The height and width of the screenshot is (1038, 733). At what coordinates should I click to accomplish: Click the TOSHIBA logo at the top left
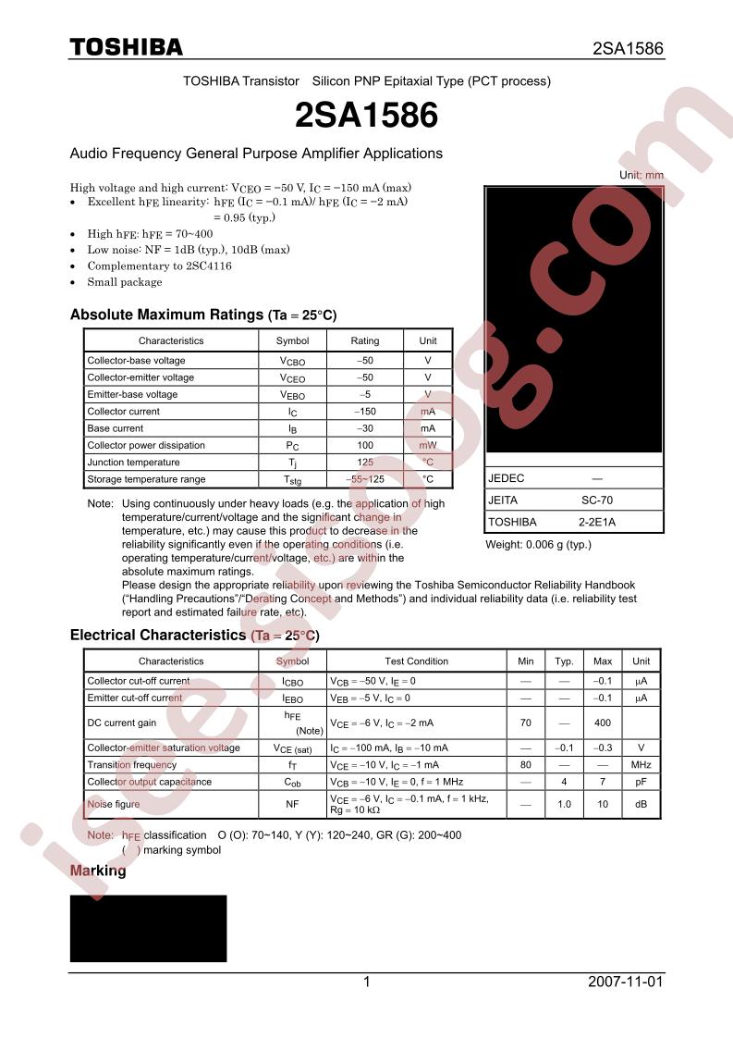tap(127, 47)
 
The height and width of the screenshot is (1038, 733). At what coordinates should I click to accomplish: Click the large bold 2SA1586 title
tap(366, 116)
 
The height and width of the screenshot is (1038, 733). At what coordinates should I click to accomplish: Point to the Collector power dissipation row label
tap(146, 445)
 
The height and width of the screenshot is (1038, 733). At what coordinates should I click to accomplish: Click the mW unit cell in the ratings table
tap(427, 445)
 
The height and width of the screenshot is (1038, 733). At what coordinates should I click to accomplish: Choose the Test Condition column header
tap(416, 661)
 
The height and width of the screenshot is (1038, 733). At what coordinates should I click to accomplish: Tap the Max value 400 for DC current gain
tap(603, 723)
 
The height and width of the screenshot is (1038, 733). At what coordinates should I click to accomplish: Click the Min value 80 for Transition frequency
tap(525, 765)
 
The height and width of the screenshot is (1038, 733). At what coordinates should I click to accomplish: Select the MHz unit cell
tap(641, 765)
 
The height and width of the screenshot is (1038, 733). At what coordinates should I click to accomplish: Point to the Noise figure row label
tap(114, 804)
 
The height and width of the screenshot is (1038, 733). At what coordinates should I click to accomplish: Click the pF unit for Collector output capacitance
tap(641, 782)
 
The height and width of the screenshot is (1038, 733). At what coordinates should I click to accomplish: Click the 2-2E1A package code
tap(596, 522)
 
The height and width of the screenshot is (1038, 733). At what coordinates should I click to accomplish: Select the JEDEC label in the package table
tap(506, 478)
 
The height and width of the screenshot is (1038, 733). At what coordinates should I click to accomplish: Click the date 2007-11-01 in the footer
tap(625, 982)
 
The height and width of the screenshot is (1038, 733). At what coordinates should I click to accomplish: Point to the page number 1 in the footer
tap(367, 982)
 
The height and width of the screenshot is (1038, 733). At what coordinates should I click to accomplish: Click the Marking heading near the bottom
tap(98, 871)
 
